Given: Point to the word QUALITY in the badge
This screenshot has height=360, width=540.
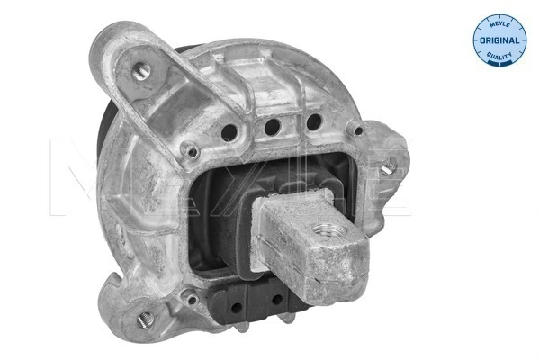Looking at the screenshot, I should coord(498,58).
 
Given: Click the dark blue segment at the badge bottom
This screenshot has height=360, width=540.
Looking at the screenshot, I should coord(498,63).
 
